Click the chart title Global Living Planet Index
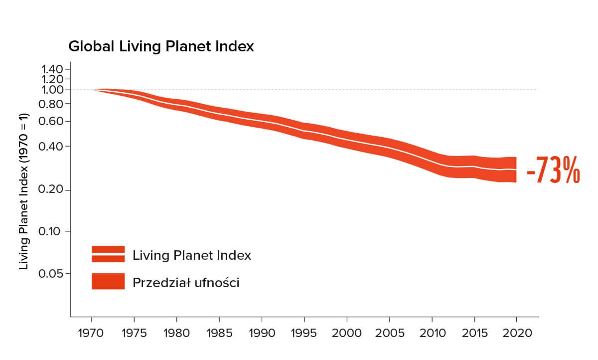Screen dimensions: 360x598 (x=161, y=47)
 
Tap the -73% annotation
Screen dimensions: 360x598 (x=553, y=171)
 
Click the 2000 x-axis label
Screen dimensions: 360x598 (x=347, y=332)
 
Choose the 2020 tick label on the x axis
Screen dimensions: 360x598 (x=517, y=332)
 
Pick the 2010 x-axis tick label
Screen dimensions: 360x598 (x=432, y=332)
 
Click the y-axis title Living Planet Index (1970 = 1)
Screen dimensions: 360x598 (x=24, y=191)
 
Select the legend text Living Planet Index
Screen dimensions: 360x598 (x=192, y=255)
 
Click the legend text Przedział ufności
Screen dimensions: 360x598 (x=186, y=283)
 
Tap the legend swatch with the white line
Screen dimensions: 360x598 (x=108, y=254)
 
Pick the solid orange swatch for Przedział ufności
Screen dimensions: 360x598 (x=108, y=281)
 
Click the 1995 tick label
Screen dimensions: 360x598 (x=304, y=332)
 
